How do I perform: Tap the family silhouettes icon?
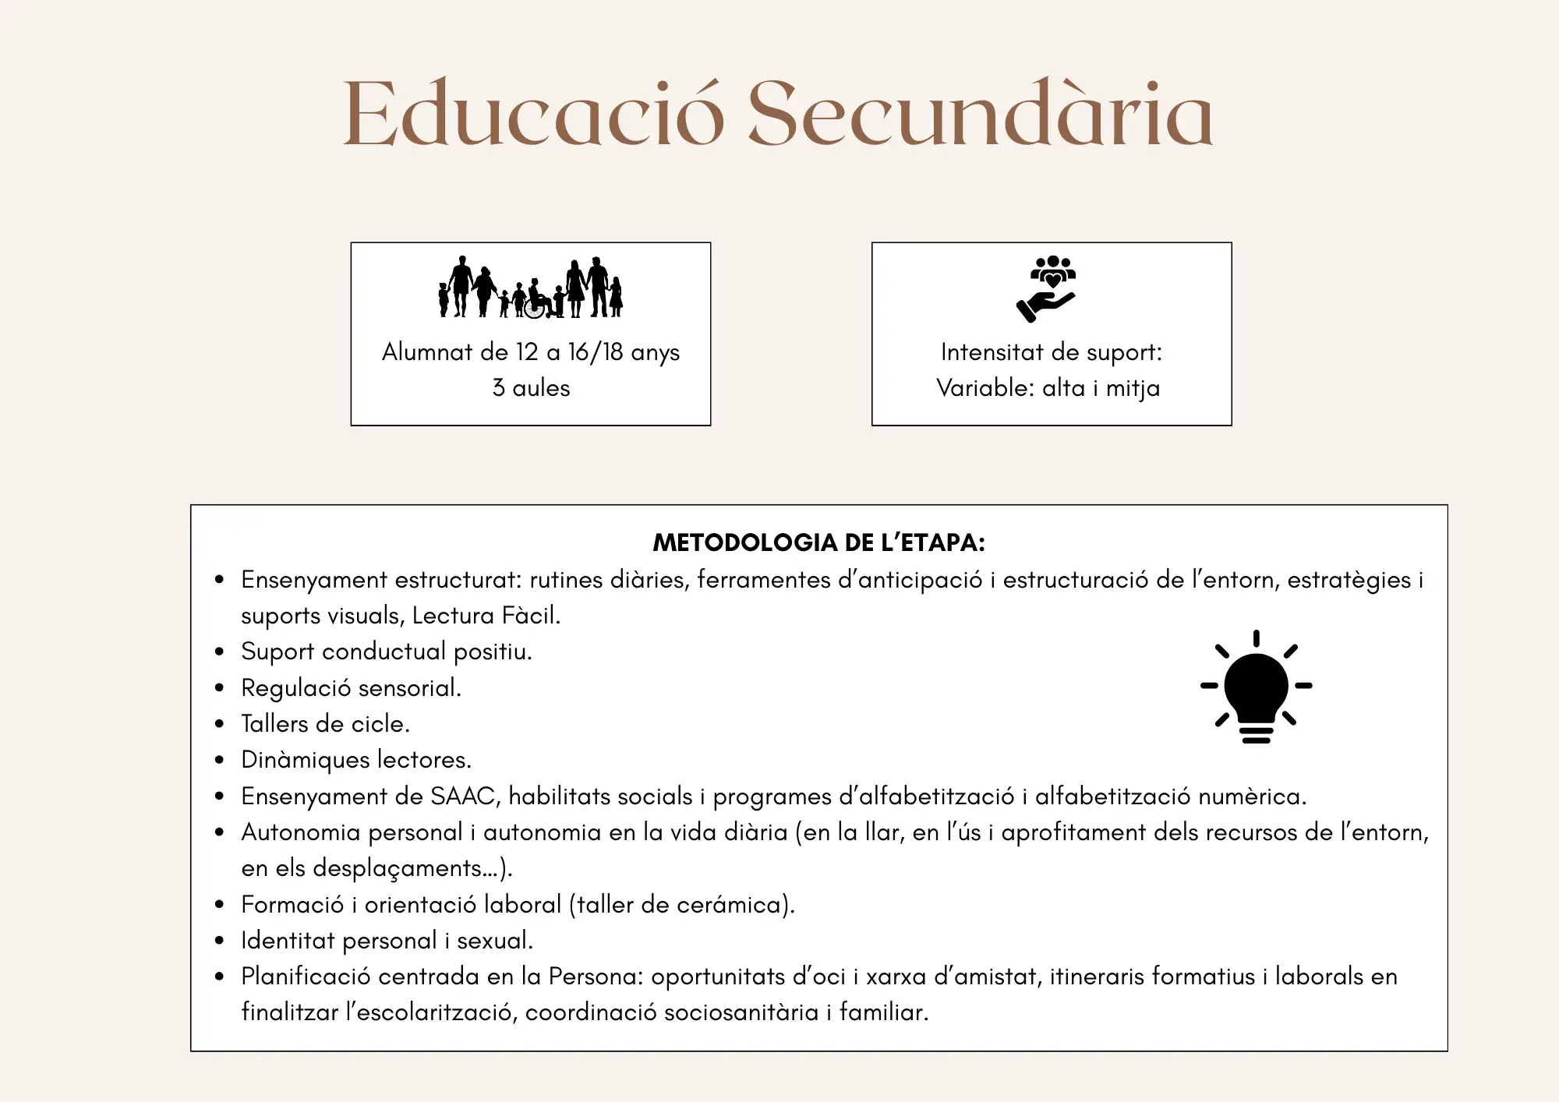pyautogui.click(x=531, y=288)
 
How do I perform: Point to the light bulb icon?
pyautogui.click(x=1256, y=687)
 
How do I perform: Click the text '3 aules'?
pyautogui.click(x=531, y=388)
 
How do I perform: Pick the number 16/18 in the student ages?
pyautogui.click(x=596, y=352)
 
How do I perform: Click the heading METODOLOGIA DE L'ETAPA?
pyautogui.click(x=818, y=542)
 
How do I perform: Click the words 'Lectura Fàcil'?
pyautogui.click(x=485, y=616)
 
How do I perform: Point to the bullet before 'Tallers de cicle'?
pyautogui.click(x=220, y=724)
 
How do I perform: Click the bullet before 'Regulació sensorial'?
pyautogui.click(x=220, y=688)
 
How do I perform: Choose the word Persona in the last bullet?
pyautogui.click(x=595, y=977)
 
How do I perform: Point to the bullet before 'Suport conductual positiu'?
pyautogui.click(x=220, y=652)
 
